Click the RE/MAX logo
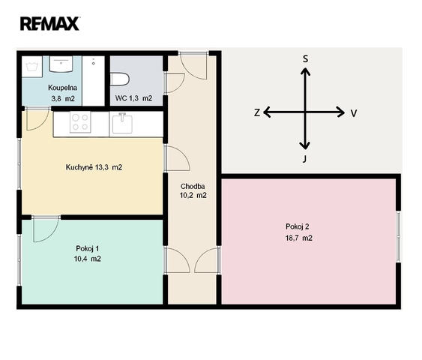tap(49, 23)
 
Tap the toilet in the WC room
tap(120, 79)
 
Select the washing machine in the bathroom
tap(32, 67)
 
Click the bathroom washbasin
tap(61, 64)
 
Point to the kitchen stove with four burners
tap(80, 122)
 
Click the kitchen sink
tap(122, 123)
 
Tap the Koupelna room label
tap(63, 88)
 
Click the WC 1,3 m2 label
tap(133, 98)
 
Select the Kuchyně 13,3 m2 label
tap(94, 167)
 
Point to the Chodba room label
tap(193, 186)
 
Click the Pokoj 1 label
tap(88, 248)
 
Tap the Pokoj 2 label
tap(298, 226)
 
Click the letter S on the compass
tap(305, 58)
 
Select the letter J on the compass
tap(304, 159)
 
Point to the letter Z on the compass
tap(257, 112)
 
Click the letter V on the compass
tap(354, 113)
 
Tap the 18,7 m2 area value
tap(299, 238)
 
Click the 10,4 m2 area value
tap(88, 259)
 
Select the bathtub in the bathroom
tap(93, 81)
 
